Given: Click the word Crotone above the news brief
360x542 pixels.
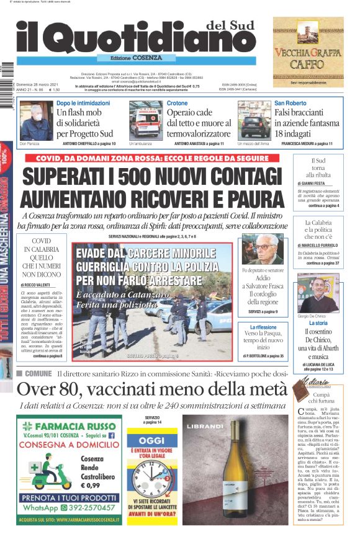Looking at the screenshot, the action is (x=177, y=103).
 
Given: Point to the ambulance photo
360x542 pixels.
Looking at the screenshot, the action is (x=145, y=120).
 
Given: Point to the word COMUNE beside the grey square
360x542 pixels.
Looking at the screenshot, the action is (x=38, y=373).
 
